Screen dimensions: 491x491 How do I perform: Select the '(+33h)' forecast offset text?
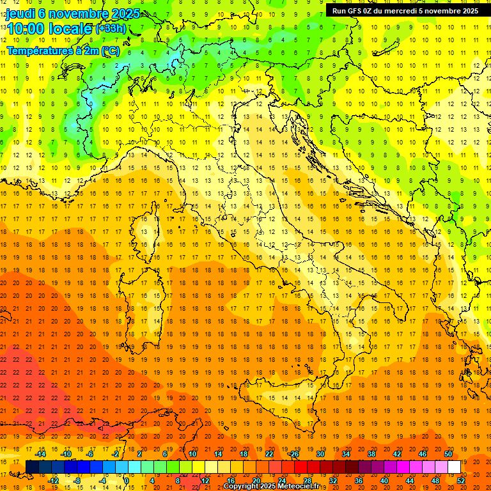point(111,29)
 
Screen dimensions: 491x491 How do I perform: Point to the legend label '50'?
point(448,454)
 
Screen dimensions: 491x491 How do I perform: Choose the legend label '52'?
point(461,481)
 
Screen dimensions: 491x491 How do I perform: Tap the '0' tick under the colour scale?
point(128,481)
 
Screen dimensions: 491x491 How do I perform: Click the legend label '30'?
point(320,454)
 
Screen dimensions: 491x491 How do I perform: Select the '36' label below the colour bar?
point(358,481)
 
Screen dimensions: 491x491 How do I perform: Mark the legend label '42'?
point(396,454)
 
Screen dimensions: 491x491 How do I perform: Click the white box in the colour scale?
point(454,467)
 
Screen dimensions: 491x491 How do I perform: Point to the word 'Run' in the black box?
point(339,10)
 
